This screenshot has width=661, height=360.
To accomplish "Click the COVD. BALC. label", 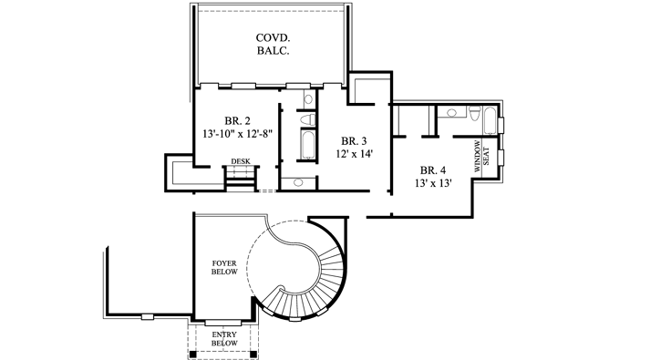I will [271, 44].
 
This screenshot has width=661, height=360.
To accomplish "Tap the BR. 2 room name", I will [239, 120].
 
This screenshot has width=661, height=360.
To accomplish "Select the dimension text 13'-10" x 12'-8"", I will [239, 134].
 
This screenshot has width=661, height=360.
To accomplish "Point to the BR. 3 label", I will [354, 141].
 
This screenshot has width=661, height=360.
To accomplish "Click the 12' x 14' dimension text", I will [354, 155].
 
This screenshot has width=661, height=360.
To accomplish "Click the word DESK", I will [241, 162].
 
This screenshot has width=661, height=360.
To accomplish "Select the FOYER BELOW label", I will [224, 267].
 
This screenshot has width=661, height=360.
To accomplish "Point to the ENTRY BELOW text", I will [223, 339].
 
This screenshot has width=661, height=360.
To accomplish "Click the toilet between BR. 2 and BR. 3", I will [307, 118].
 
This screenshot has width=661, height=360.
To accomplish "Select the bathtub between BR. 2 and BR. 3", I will [307, 146].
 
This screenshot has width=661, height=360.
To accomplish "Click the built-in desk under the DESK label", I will [241, 176].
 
